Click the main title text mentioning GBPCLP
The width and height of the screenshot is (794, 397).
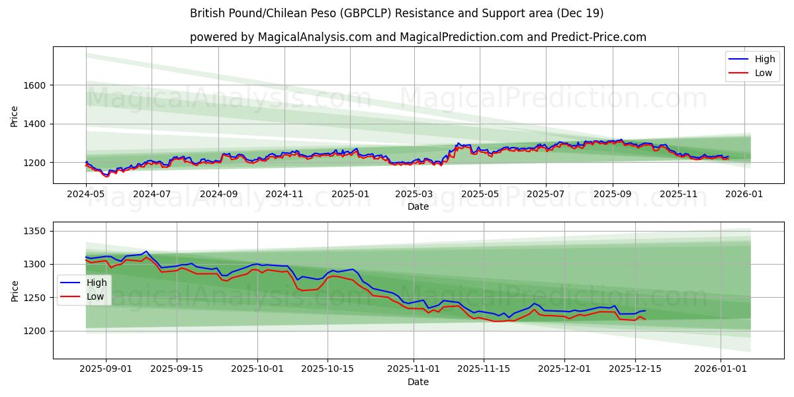[396, 13]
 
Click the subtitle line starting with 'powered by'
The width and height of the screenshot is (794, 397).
[418, 37]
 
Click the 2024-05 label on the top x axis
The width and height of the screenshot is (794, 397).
[86, 195]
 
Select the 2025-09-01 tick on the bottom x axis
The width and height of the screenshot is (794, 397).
[107, 369]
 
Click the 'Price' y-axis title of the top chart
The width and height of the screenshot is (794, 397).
[15, 116]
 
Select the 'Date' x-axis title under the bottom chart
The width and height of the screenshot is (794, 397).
[418, 382]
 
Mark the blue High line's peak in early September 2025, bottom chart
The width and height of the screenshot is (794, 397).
[146, 251]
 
